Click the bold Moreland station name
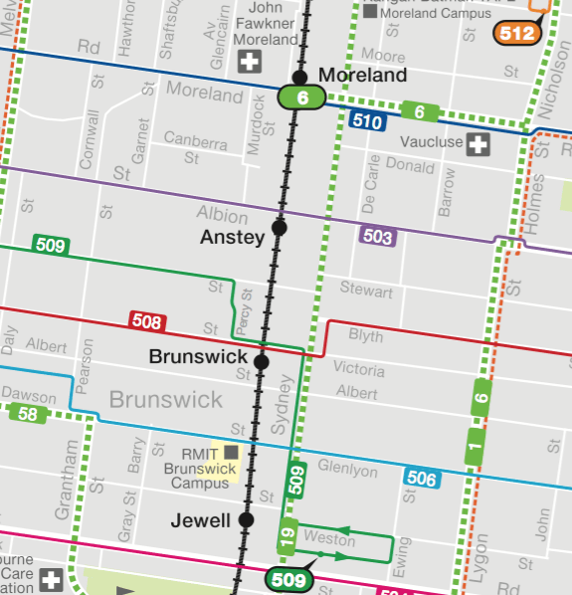pyautogui.click(x=362, y=76)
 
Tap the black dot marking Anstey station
pyautogui.click(x=280, y=228)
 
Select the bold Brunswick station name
pyautogui.click(x=196, y=356)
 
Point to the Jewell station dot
pyautogui.click(x=247, y=519)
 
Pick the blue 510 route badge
pyautogui.click(x=368, y=121)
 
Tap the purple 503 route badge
pyautogui.click(x=377, y=237)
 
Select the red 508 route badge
pyautogui.click(x=147, y=321)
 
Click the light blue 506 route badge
pyautogui.click(x=421, y=479)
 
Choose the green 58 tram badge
pyautogui.click(x=27, y=414)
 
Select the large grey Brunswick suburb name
pyautogui.click(x=166, y=400)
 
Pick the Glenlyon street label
pyautogui.click(x=349, y=466)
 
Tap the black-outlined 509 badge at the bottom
pyautogui.click(x=286, y=578)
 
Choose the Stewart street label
pyautogui.click(x=366, y=292)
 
